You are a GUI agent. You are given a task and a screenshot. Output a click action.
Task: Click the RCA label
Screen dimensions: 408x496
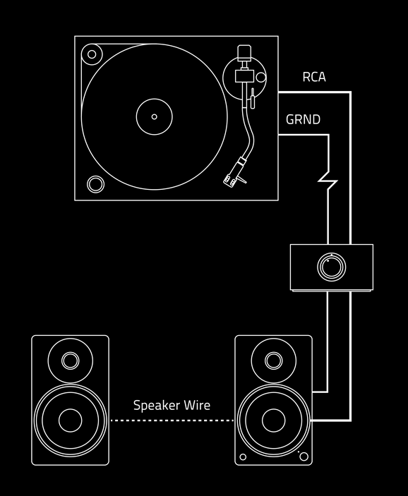[x=314, y=77]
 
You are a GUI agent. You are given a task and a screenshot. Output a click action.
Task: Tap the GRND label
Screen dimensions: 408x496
[x=303, y=119]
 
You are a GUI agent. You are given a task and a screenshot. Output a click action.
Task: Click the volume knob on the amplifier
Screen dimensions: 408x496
[x=331, y=267]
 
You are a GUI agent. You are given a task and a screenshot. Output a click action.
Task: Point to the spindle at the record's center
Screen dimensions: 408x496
[x=154, y=116]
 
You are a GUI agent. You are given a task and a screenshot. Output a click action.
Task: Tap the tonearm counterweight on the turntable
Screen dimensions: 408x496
[x=244, y=53]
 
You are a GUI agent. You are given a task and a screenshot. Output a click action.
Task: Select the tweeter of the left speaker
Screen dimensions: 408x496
[x=71, y=361]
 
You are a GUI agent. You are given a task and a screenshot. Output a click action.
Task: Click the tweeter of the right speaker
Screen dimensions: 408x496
[x=273, y=361]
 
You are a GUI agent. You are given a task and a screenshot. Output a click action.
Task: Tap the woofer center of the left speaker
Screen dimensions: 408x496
[x=71, y=421]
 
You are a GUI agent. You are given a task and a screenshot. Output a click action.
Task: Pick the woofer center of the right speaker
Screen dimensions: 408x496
[x=273, y=421]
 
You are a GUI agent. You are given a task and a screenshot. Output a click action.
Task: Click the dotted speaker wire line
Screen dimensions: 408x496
[x=172, y=421]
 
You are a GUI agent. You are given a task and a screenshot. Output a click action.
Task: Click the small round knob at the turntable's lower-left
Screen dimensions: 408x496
[x=95, y=184]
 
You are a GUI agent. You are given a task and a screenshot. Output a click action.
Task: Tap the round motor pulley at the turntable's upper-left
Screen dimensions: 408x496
[x=92, y=54]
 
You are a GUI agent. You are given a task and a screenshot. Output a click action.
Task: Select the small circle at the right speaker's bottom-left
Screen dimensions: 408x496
[x=243, y=456]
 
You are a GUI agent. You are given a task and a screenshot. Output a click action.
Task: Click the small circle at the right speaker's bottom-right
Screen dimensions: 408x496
[x=304, y=456]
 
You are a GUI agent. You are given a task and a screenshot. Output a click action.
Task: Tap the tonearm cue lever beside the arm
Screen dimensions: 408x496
[x=252, y=98]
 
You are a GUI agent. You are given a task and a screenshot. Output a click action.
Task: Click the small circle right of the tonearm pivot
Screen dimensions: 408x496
[x=260, y=78]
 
